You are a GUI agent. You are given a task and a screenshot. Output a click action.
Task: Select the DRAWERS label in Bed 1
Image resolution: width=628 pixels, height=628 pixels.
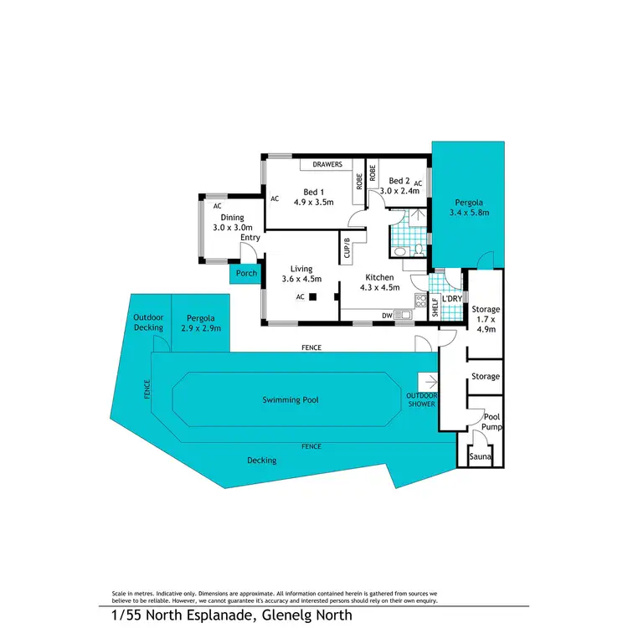coord(327,165)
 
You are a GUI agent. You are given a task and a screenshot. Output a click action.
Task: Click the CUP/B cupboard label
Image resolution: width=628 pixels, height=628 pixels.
coord(347,250)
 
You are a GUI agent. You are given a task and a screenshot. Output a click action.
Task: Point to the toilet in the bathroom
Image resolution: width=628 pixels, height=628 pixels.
coord(401,251)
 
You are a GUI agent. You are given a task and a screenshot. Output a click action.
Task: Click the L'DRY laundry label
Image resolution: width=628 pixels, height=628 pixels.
coord(452,297)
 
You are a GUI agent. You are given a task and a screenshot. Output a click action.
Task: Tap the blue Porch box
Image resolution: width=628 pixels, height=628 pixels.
coord(246,273)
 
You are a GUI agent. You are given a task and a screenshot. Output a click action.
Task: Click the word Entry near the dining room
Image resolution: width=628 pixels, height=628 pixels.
coord(250,238)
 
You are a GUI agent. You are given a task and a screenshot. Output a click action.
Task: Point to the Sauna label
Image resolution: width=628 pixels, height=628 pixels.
coord(480,457)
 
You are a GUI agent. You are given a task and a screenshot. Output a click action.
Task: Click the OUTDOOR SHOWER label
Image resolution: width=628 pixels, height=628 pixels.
coord(421,399)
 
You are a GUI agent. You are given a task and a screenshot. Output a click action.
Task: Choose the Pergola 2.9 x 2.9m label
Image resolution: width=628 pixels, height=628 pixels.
coord(201,323)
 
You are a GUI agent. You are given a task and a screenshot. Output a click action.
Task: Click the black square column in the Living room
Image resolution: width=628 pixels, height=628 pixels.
coord(312,296)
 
